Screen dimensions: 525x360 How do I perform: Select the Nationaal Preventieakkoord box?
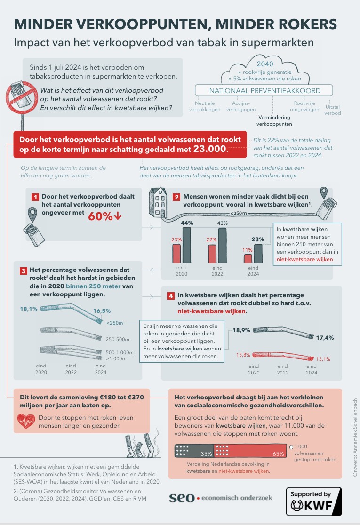click(264, 91)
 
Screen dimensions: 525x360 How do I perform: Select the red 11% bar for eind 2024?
click(248, 258)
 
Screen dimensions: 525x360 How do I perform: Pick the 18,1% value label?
click(28, 310)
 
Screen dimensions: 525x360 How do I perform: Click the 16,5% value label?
click(102, 311)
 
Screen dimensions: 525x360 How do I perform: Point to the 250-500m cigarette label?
click(117, 338)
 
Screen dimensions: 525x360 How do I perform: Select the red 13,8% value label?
click(243, 354)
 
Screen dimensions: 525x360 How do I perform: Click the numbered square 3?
click(23, 271)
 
